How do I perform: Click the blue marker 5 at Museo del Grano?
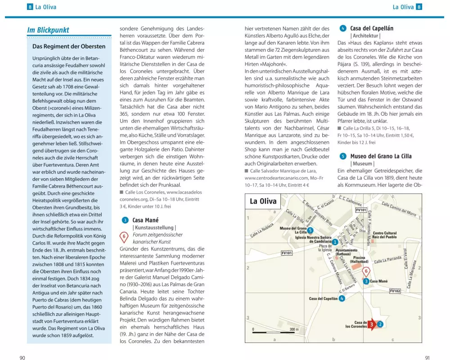tap(310, 230)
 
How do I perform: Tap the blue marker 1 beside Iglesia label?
tap(335, 242)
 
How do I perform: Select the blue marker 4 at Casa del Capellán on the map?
tap(342, 298)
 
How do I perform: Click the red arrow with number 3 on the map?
tap(372, 324)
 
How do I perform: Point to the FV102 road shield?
tap(395, 291)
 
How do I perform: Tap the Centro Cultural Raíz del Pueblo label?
tap(385, 235)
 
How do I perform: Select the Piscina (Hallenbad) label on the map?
tap(359, 260)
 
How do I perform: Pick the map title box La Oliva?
tap(263, 201)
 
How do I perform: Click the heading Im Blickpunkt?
tap(48, 30)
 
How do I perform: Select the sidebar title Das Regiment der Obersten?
tap(69, 46)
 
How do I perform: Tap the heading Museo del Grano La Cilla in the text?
tap(381, 156)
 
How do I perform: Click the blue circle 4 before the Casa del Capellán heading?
tap(343, 28)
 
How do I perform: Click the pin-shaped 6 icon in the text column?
tap(125, 236)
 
